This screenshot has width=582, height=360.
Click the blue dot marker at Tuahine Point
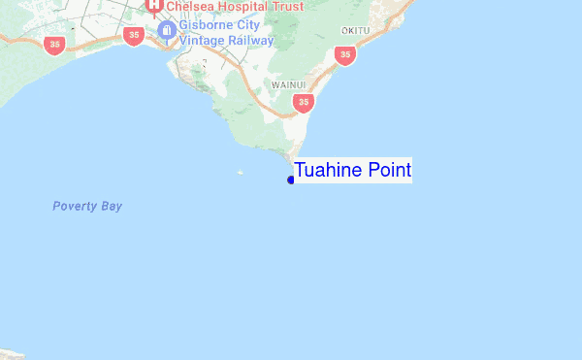[291, 180]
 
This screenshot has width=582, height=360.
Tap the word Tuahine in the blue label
[329, 171]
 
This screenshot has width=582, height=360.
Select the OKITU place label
[356, 31]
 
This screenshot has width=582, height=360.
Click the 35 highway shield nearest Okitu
[344, 54]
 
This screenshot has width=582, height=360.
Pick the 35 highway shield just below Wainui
[305, 102]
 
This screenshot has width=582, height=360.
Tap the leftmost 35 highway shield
[54, 45]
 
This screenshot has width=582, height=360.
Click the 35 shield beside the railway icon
[133, 35]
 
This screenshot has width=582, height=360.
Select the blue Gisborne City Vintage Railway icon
[167, 32]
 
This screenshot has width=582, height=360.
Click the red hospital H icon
[153, 5]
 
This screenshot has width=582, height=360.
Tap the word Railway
[249, 41]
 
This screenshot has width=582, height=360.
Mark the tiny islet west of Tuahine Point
[241, 173]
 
